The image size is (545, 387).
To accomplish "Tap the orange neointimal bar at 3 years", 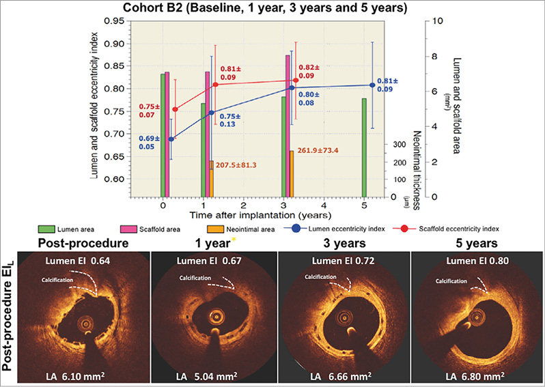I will pyautogui.click(x=292, y=173).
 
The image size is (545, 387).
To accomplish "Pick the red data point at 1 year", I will pyautogui.click(x=215, y=85).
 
